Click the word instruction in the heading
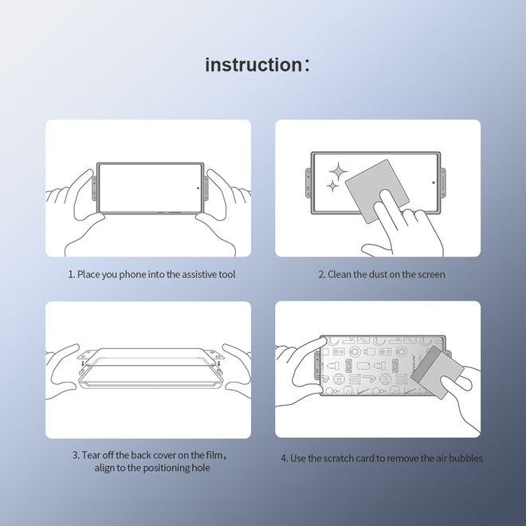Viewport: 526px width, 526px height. click(x=252, y=65)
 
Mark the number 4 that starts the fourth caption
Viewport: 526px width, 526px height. click(x=284, y=458)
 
